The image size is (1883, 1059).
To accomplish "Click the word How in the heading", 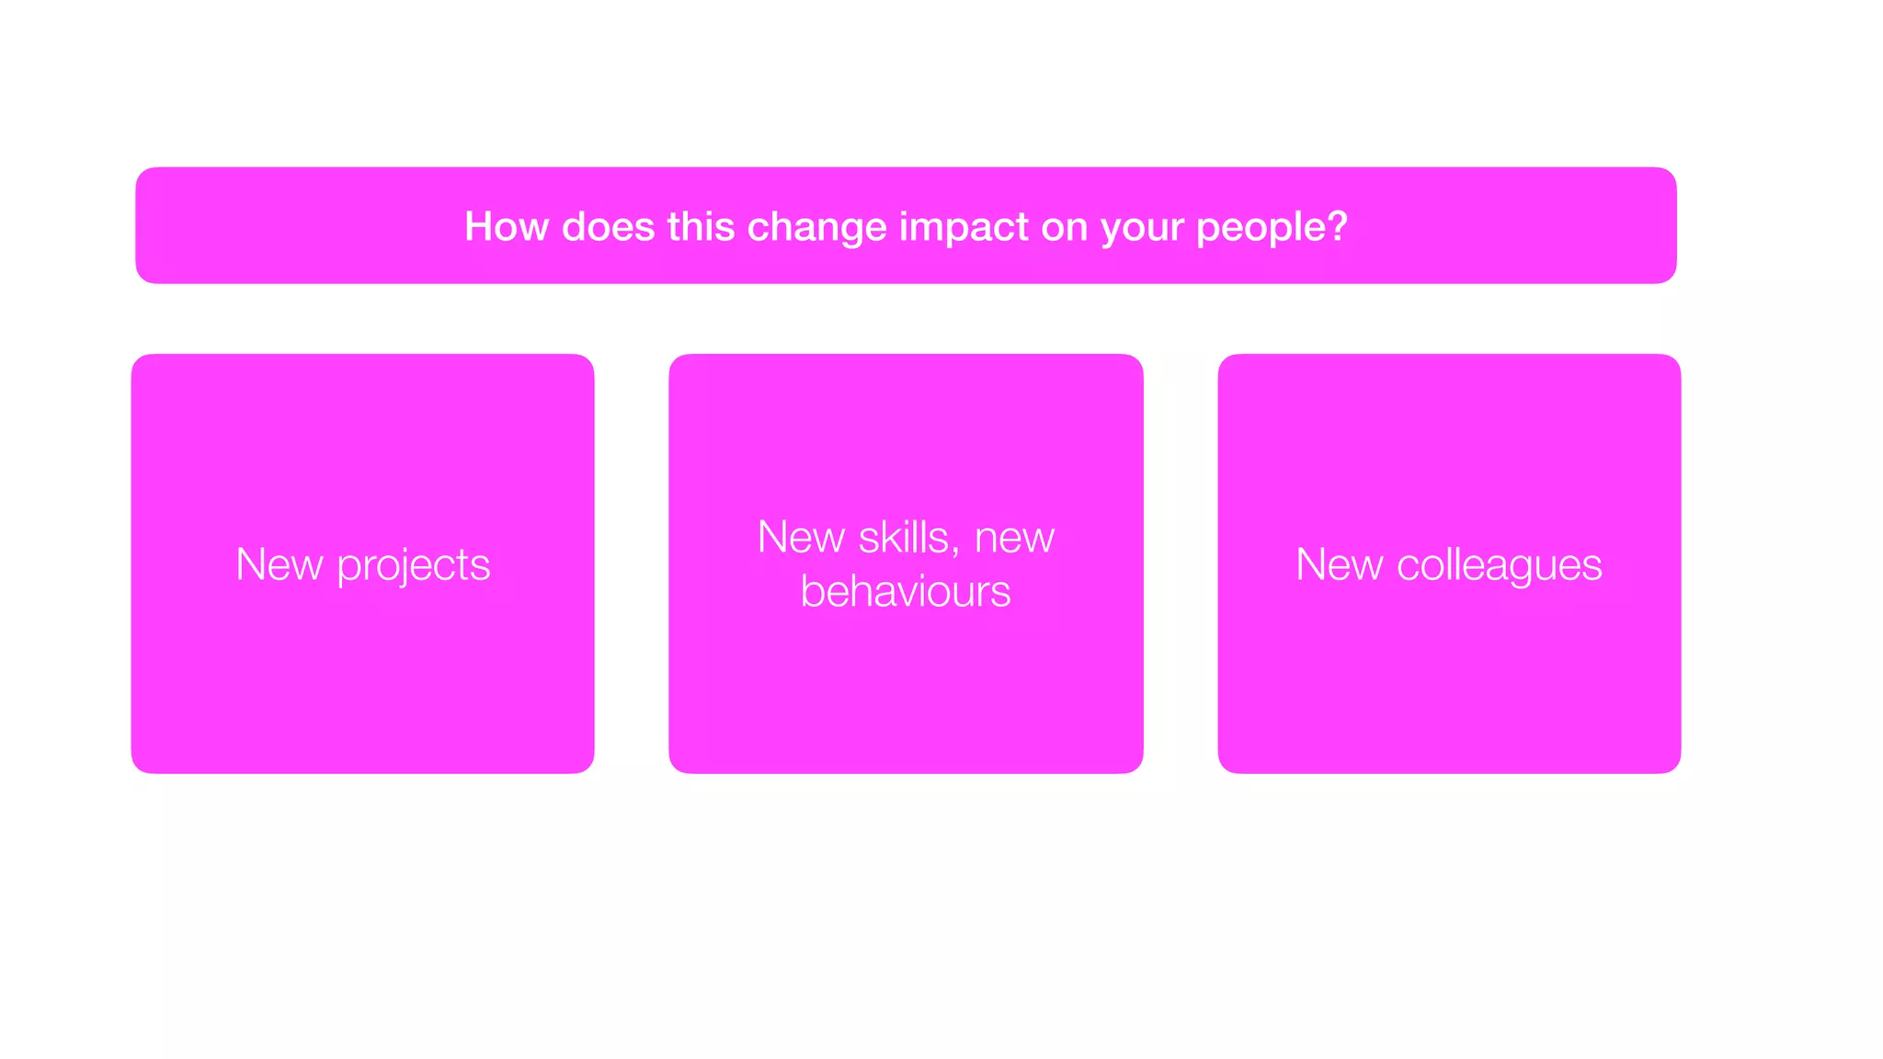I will pos(506,226).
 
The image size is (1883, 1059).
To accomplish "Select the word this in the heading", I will pos(701,226).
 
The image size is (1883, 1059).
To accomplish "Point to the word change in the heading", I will pos(816,227).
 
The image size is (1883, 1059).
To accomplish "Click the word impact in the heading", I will pos(963,227).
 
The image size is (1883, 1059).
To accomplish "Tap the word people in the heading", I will pos(1260,228).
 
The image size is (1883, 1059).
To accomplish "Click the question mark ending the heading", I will pos(1337,226).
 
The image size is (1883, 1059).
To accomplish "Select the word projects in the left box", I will pos(414,565).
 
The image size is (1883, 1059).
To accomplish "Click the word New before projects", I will pos(279,564).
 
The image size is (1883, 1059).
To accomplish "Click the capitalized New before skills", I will pos(800,538).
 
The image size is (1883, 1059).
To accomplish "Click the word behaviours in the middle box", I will pos(906,591).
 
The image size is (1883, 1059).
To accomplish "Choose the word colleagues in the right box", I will pos(1499,565).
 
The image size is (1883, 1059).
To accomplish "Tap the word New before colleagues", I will pos(1339,564).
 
